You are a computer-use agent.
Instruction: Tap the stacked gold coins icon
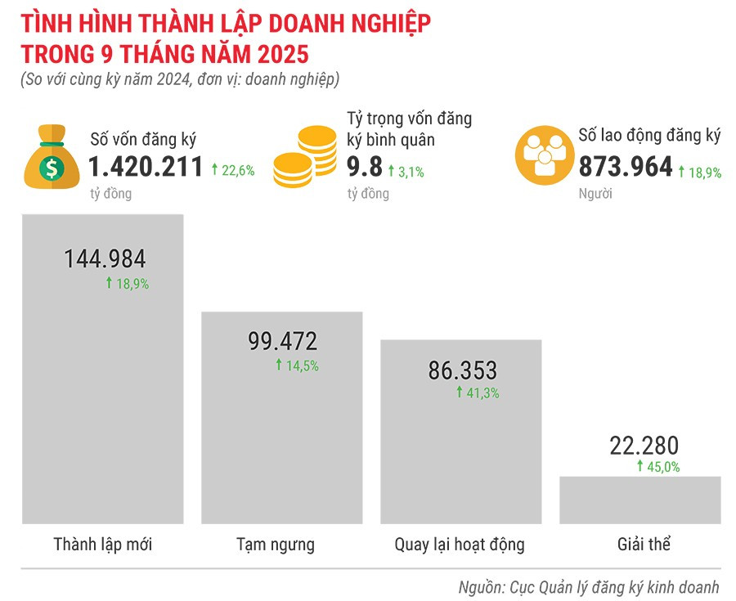305,155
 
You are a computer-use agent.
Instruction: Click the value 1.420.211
146,168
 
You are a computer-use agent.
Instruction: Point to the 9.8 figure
364,168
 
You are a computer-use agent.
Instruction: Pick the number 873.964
626,168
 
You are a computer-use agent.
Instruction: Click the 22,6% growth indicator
233,171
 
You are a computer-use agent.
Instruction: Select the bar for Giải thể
640,500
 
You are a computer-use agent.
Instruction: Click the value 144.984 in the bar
105,259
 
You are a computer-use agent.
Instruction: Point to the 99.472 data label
282,341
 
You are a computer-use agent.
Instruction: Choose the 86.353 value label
462,370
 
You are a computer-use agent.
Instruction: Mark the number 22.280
644,446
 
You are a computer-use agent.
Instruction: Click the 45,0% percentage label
658,467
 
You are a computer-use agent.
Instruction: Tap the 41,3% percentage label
478,392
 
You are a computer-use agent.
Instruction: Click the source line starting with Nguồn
588,586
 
